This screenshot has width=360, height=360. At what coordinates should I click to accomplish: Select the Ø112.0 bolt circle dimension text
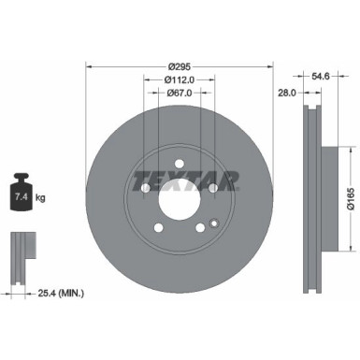click(180, 80)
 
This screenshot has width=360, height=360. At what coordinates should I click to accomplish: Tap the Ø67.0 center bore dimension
click(180, 94)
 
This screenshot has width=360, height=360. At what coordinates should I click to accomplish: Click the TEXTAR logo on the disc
click(180, 178)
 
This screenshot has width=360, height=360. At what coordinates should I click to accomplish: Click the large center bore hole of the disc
click(180, 198)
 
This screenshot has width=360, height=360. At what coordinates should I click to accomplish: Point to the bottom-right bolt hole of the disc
click(200, 230)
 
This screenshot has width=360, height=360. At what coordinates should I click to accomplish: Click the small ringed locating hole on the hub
click(214, 223)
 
